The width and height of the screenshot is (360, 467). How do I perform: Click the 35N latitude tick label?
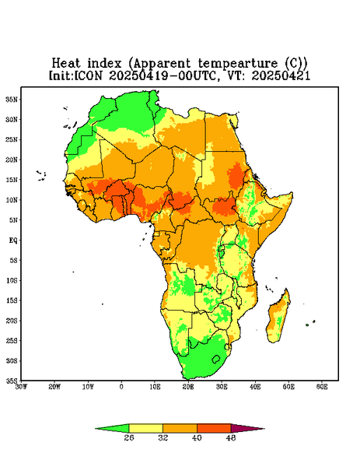click(x=12, y=100)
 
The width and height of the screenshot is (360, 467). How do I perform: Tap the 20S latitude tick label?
click(x=12, y=321)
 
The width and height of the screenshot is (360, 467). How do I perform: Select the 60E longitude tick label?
click(x=322, y=387)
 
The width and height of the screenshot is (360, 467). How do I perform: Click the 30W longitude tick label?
click(x=21, y=387)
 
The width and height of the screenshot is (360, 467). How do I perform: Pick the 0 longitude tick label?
click(x=121, y=387)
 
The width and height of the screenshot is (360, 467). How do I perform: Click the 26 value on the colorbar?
click(x=129, y=437)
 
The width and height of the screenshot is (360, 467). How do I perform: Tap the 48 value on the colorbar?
click(x=231, y=437)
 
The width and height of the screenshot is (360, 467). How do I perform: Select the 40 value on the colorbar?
click(x=197, y=437)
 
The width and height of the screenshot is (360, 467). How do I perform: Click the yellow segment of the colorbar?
click(x=145, y=428)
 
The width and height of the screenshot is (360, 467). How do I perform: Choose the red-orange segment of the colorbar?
click(x=214, y=428)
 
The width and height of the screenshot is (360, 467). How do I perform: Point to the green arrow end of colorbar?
click(x=113, y=428)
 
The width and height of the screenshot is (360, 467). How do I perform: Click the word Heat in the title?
click(x=66, y=64)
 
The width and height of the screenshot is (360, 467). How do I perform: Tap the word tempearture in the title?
click(x=238, y=64)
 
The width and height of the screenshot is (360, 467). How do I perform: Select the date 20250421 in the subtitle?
click(x=281, y=76)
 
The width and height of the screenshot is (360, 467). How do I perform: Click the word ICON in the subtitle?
click(x=89, y=76)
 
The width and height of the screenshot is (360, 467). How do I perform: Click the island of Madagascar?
click(x=278, y=317)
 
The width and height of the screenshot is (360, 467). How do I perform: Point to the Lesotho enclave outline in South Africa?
click(x=216, y=359)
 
